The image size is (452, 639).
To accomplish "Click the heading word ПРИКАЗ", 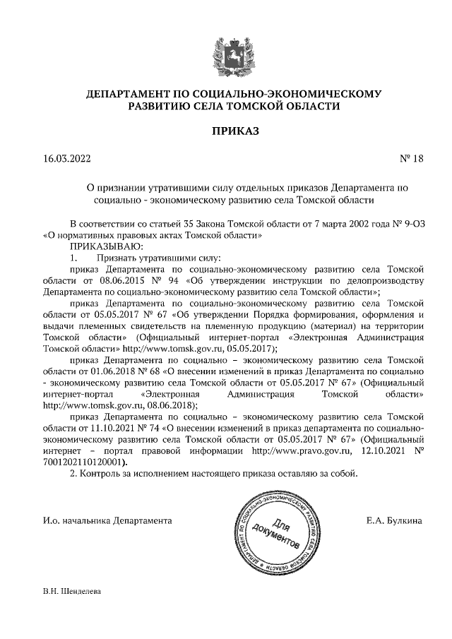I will click(x=226, y=131).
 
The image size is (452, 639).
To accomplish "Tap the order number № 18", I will click(x=411, y=158).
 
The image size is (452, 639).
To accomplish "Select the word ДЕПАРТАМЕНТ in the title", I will click(x=127, y=94).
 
